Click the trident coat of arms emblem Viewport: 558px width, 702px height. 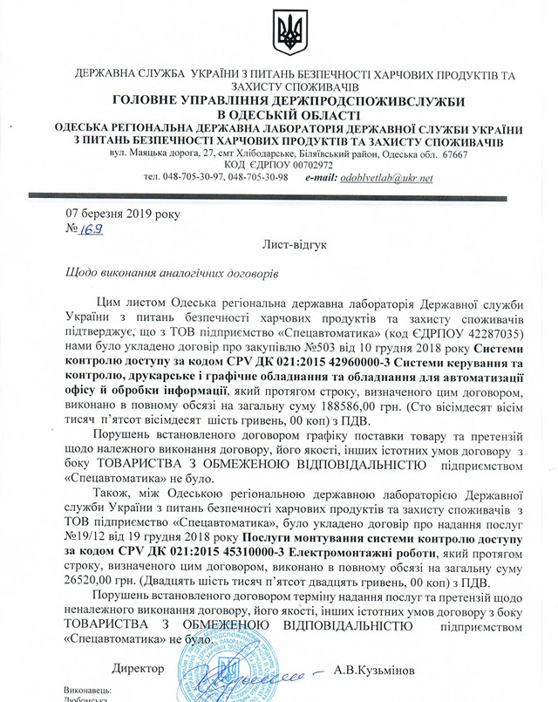click(x=285, y=33)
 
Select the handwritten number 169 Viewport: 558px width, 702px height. click(x=92, y=229)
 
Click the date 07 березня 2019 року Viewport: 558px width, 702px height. click(x=114, y=213)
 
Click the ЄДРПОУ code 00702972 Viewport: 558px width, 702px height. click(x=303, y=165)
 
